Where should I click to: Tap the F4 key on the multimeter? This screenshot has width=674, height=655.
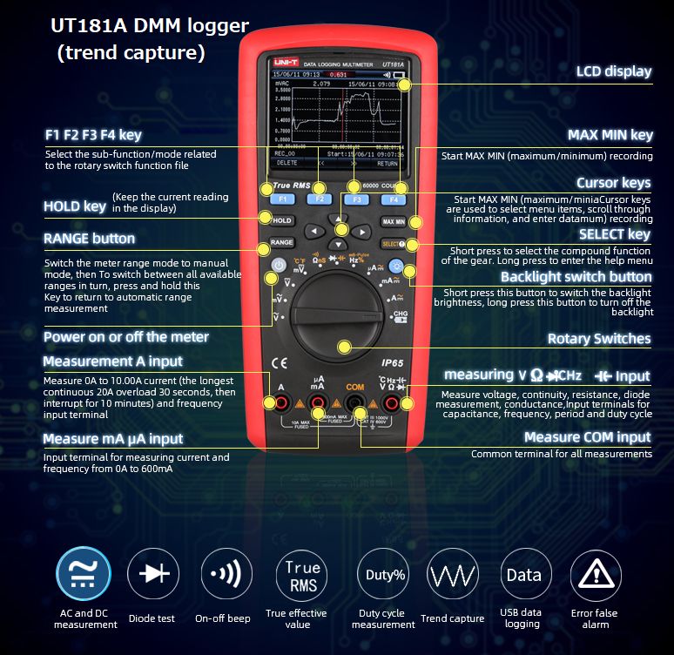pyautogui.click(x=394, y=199)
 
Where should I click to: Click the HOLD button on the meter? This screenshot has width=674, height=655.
pyautogui.click(x=281, y=221)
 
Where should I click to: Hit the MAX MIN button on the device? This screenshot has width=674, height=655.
pyautogui.click(x=394, y=222)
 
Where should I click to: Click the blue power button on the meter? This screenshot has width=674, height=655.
pyautogui.click(x=279, y=266)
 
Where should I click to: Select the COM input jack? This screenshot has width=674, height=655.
pyautogui.click(x=354, y=402)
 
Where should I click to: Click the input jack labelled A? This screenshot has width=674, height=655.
pyautogui.click(x=282, y=402)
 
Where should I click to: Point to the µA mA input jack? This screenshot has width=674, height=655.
pyautogui.click(x=318, y=402)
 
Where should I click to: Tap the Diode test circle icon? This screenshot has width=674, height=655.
pyautogui.click(x=153, y=575)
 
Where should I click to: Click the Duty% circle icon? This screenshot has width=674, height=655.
pyautogui.click(x=384, y=575)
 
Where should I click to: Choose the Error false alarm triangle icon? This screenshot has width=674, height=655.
pyautogui.click(x=596, y=575)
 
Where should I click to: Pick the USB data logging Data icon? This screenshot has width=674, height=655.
pyautogui.click(x=523, y=575)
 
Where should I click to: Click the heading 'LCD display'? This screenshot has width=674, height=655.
pyautogui.click(x=613, y=71)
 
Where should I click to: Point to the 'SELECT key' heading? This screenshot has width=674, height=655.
pyautogui.click(x=614, y=234)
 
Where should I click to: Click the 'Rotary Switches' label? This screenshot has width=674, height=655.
pyautogui.click(x=598, y=339)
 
